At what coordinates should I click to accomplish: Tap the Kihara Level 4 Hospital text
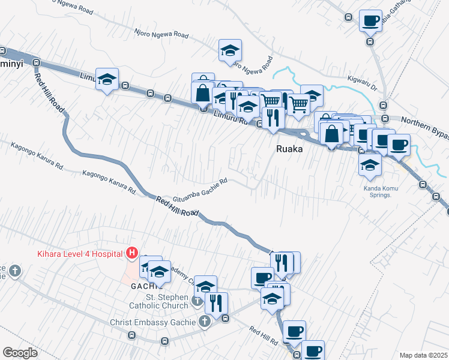[80, 253]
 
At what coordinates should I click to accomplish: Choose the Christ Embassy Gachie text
[153, 322]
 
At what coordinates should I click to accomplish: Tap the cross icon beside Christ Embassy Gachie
[204, 322]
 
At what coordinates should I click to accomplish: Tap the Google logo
[20, 353]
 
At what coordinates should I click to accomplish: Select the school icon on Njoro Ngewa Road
[230, 51]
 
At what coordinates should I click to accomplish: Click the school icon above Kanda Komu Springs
[370, 163]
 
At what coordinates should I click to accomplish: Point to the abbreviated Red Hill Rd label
[264, 336]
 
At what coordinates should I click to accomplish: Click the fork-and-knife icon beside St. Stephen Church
[216, 303]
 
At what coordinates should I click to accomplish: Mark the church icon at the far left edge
[14, 271]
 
